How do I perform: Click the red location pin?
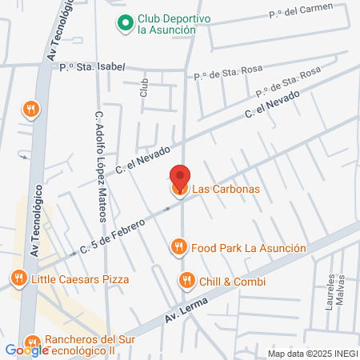pos(180,177)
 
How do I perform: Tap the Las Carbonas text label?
pos(225,190)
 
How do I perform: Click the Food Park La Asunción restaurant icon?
pos(180,248)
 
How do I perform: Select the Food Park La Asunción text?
pos(248,248)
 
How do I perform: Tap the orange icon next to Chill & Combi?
pos(186,281)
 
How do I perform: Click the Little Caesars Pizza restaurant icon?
pos(18,279)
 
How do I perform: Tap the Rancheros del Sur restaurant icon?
pos(31,342)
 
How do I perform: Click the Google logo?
pos(26,350)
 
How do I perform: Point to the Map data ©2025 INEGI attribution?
pos(312,354)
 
